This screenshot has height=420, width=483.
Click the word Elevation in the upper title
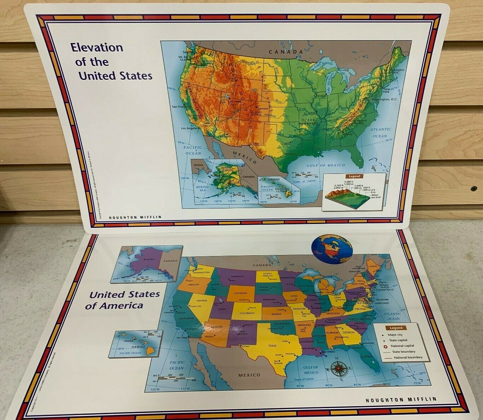coord(97,47)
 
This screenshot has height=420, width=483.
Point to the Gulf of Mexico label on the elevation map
coord(326,165)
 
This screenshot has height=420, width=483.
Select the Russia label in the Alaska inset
coord(199,165)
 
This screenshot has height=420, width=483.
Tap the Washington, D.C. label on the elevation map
coord(386,100)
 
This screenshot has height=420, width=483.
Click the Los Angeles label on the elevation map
coord(190,128)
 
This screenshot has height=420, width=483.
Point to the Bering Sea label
coord(202,189)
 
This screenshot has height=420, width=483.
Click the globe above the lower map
coord(332,249)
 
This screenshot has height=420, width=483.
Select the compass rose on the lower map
coord(339,369)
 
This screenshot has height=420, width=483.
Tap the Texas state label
coord(272,346)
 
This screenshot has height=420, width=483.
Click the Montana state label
coord(237,276)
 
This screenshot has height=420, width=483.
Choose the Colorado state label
coord(247,313)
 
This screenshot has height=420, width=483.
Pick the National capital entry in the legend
coord(402,346)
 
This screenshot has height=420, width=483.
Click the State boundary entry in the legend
coord(403,351)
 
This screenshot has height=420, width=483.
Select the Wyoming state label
coord(240,293)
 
